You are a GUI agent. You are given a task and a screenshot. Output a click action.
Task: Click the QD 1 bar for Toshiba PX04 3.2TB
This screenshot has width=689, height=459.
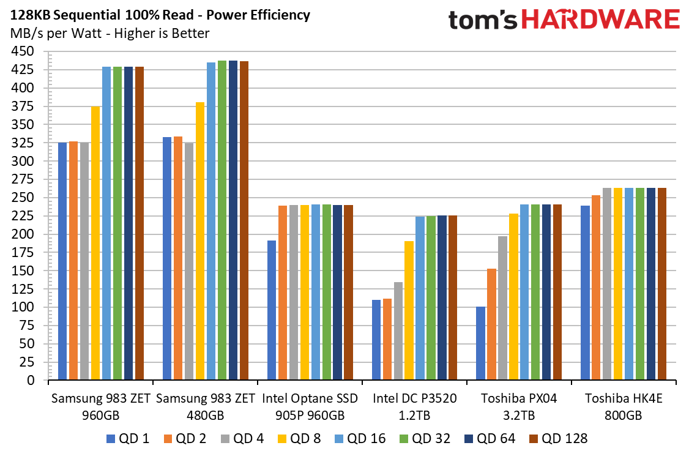click(x=481, y=343)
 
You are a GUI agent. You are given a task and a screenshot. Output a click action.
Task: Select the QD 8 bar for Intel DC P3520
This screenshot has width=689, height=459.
click(x=409, y=310)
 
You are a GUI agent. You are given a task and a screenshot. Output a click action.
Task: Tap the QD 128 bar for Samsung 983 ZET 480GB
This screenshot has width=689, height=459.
click(x=244, y=221)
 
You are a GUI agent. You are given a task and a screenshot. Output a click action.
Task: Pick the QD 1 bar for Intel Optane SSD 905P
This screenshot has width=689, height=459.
click(x=272, y=310)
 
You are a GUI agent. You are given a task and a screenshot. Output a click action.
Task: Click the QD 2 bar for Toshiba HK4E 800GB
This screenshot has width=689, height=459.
click(x=596, y=288)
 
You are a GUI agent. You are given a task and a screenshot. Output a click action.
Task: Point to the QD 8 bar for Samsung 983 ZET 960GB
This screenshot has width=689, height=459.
click(x=95, y=243)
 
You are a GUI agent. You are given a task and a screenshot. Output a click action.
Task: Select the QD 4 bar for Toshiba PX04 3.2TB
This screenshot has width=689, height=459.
click(x=503, y=308)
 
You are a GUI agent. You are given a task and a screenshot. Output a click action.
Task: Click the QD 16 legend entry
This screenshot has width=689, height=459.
click(x=360, y=439)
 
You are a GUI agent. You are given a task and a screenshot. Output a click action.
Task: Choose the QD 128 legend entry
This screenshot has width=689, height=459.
click(x=558, y=439)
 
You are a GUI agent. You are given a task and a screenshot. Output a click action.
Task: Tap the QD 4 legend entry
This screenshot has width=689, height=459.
click(x=242, y=439)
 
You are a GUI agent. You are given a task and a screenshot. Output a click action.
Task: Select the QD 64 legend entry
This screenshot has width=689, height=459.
click(x=490, y=439)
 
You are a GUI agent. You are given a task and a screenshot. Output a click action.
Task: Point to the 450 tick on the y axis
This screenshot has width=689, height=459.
click(x=23, y=51)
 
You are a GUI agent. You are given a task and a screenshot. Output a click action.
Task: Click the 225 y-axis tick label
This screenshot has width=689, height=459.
click(x=23, y=216)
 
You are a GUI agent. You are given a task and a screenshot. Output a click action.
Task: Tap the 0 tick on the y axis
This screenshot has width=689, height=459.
click(x=31, y=380)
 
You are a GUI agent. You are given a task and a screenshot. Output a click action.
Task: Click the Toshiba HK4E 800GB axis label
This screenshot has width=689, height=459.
click(x=623, y=407)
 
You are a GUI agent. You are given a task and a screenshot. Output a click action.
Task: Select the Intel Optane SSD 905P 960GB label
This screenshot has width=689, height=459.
click(x=310, y=407)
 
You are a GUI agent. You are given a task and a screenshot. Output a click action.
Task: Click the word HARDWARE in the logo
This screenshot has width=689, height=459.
click(x=600, y=20)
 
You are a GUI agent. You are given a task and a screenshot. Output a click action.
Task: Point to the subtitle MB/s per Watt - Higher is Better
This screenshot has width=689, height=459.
click(x=110, y=34)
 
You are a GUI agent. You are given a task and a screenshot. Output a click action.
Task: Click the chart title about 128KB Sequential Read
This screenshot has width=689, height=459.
click(x=160, y=15)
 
